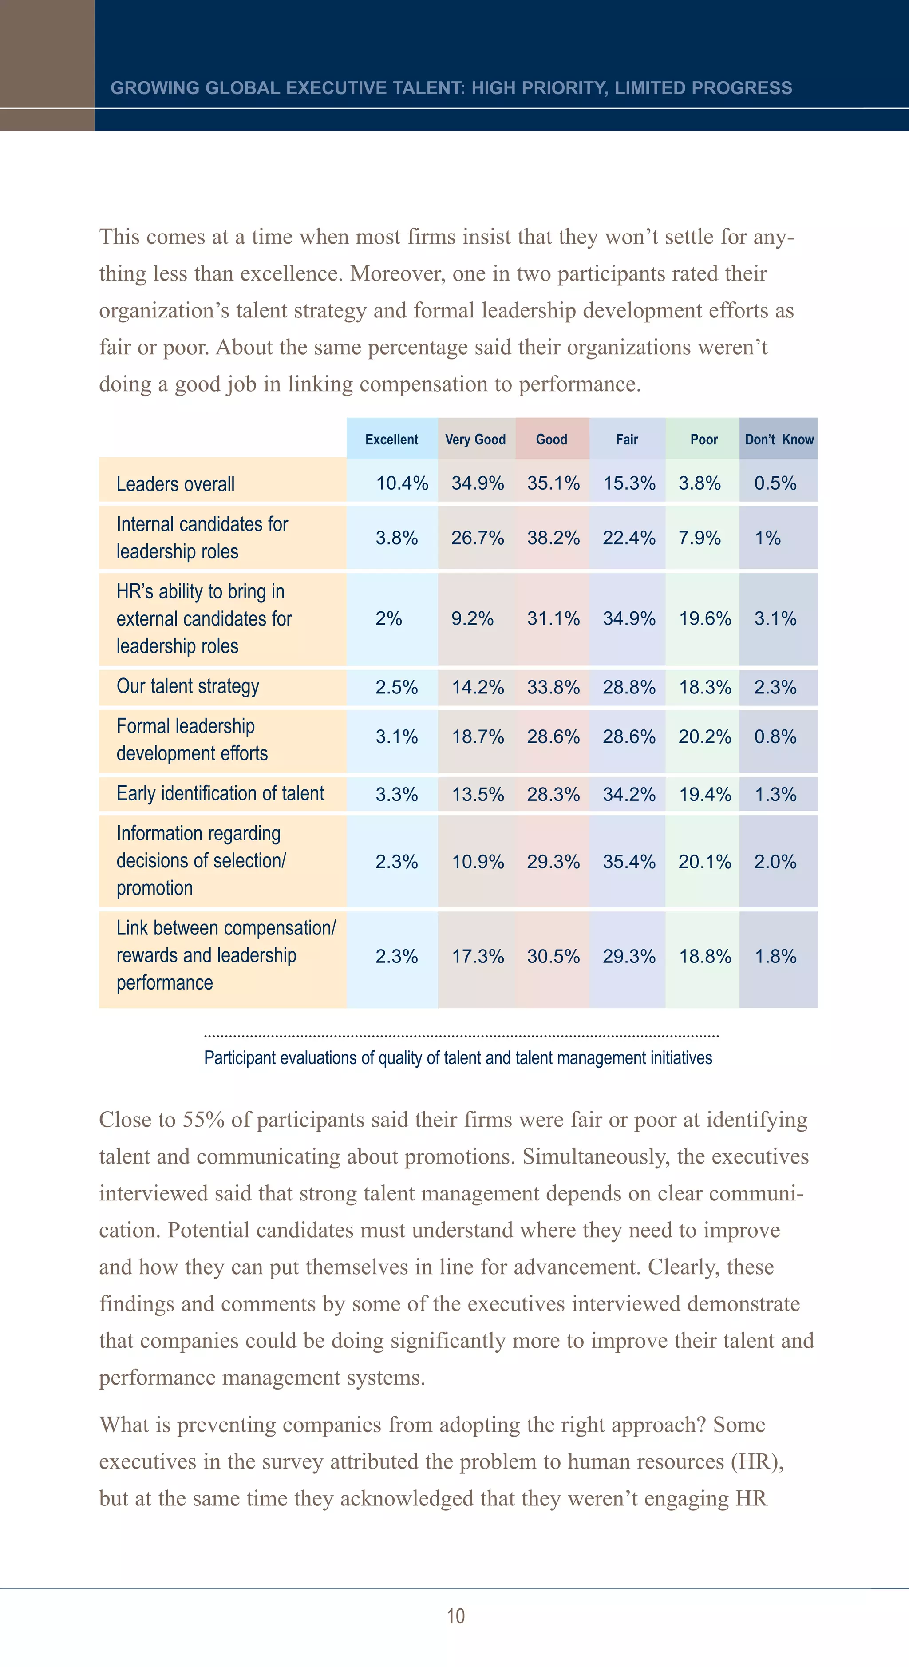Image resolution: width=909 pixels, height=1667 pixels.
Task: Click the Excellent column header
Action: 391,440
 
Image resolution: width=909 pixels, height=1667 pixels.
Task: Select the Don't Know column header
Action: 779,440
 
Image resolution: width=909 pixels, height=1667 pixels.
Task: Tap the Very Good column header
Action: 475,440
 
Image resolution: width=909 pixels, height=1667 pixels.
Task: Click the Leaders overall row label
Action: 175,484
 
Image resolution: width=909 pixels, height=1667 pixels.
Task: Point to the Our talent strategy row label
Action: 188,687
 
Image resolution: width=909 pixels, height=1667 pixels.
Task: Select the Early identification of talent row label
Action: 220,794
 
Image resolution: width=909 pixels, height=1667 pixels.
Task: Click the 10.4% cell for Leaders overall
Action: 402,483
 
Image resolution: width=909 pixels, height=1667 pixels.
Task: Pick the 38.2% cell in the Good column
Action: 553,538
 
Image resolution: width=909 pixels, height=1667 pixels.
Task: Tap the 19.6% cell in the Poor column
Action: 704,619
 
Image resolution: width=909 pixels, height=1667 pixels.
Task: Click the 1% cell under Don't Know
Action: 767,538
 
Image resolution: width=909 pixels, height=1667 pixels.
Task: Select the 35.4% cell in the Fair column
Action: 629,862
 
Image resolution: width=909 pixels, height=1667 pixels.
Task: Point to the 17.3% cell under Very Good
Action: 478,956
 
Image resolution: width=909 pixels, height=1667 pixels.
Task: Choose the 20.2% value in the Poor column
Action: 704,737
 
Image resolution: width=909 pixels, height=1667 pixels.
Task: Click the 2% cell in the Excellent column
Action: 388,619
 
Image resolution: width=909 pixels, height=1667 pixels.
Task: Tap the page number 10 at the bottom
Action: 455,1616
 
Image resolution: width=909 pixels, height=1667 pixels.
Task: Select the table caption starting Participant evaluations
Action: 458,1058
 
